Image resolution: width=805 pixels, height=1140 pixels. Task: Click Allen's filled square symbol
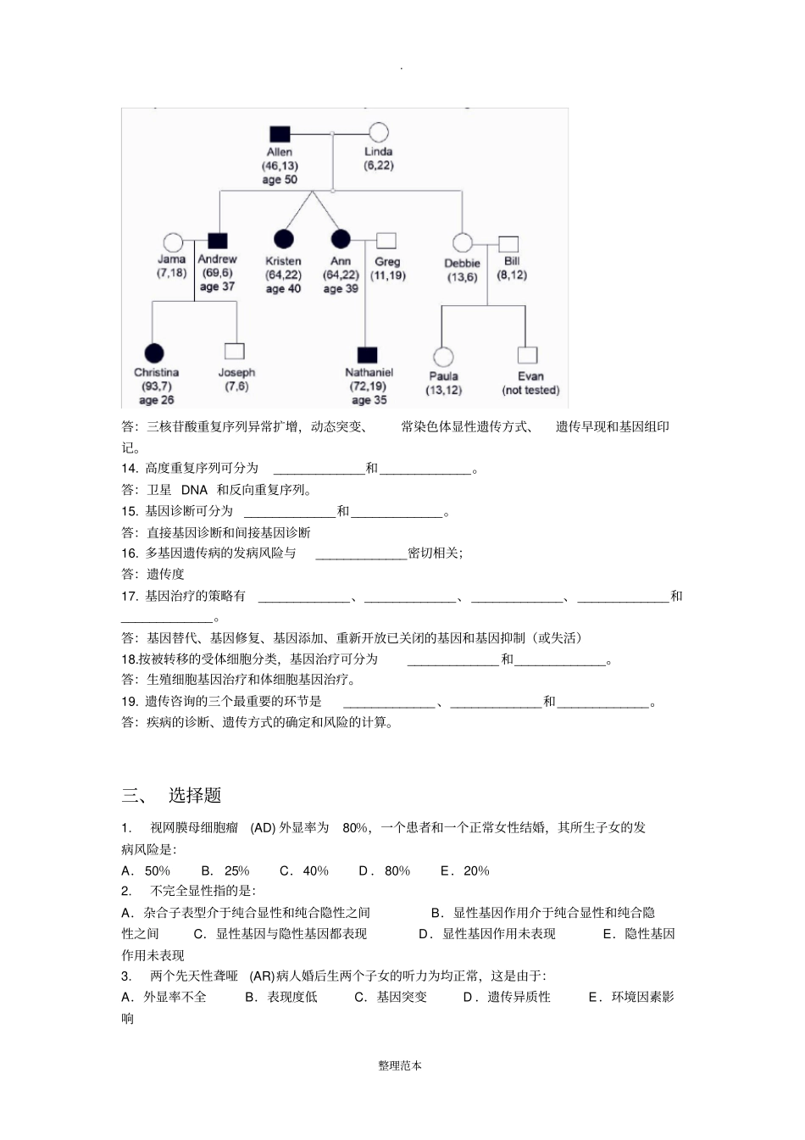(x=280, y=134)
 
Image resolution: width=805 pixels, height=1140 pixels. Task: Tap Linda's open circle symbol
(x=379, y=132)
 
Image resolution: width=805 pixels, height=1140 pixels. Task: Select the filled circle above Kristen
(x=284, y=240)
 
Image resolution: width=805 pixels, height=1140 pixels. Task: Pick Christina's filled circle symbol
(x=153, y=353)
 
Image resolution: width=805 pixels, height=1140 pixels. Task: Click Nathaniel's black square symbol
(x=368, y=354)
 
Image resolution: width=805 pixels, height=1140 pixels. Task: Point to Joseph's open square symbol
(x=235, y=351)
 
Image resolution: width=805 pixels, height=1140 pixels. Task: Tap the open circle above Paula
(x=443, y=357)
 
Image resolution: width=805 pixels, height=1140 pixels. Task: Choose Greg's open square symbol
(x=386, y=241)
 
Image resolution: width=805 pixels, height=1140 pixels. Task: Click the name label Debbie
(x=462, y=264)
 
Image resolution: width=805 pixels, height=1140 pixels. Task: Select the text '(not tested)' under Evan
(x=530, y=391)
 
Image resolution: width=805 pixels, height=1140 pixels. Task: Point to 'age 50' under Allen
(x=280, y=180)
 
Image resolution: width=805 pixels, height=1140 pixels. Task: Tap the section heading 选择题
(x=195, y=795)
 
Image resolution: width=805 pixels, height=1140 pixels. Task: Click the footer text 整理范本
(x=400, y=1065)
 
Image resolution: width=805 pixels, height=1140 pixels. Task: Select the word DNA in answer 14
(x=194, y=490)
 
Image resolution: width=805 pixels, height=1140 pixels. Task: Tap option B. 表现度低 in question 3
(x=281, y=997)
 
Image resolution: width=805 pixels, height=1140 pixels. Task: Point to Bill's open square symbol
(x=508, y=245)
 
